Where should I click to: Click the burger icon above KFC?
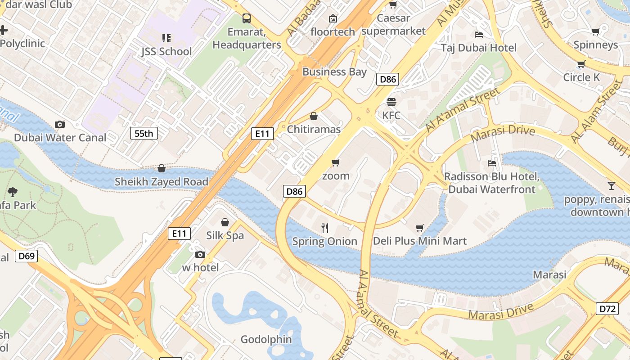click(391, 102)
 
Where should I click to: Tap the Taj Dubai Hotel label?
click(478, 48)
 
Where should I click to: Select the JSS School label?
click(166, 51)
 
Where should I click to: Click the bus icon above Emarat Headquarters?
click(247, 18)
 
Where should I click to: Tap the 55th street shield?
click(144, 133)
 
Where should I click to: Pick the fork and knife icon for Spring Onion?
click(325, 228)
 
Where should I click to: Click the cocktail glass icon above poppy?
click(611, 185)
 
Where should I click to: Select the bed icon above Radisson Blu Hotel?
click(491, 163)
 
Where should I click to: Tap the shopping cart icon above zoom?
click(336, 162)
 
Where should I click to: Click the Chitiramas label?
click(314, 129)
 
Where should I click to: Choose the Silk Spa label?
click(225, 235)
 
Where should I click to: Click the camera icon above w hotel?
click(200, 255)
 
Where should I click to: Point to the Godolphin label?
click(266, 339)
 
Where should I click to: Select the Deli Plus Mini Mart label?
click(420, 241)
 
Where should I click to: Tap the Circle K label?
click(581, 77)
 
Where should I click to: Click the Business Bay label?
click(334, 72)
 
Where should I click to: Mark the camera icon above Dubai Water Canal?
click(59, 124)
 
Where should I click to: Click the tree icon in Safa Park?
click(13, 192)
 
